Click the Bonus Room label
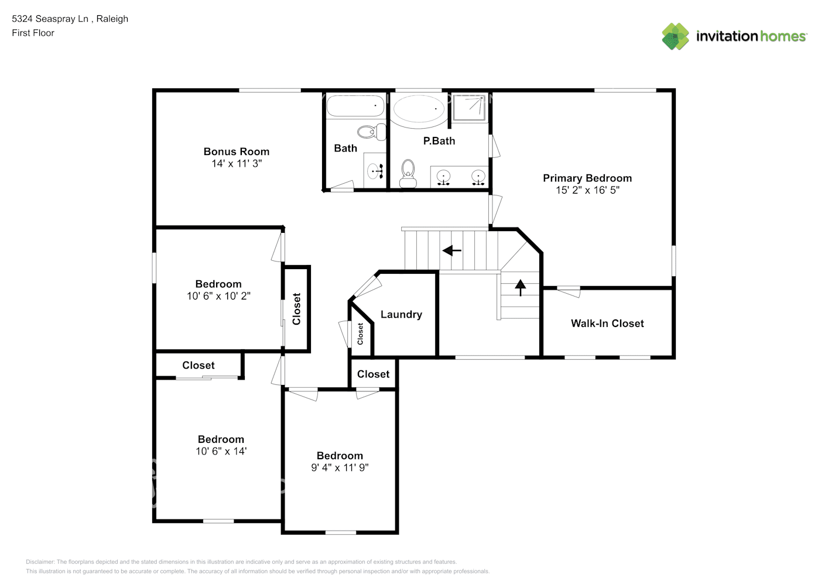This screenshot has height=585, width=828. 236,152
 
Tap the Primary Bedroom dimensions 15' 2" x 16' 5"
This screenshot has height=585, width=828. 587,190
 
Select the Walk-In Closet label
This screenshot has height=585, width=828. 607,324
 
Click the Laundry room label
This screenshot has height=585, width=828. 401,315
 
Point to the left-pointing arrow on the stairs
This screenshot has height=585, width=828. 451,251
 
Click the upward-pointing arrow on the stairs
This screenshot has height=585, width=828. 520,287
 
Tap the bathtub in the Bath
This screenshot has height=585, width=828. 355,106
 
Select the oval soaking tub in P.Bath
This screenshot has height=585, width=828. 418,109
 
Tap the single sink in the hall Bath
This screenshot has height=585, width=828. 375,171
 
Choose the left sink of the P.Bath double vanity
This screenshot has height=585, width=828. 443,177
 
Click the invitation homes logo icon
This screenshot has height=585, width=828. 675,36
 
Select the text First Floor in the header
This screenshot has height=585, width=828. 33,33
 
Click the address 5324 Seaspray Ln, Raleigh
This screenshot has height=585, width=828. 70,19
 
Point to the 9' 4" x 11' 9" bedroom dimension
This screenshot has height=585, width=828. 340,468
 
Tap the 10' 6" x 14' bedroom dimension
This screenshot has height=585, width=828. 221,452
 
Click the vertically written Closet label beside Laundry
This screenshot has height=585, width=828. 360,333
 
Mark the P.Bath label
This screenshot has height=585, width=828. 439,141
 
